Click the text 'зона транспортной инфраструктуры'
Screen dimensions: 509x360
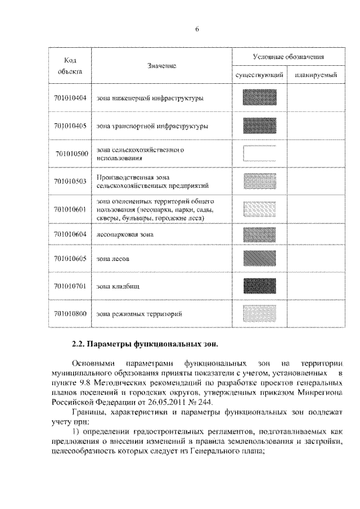(152, 127)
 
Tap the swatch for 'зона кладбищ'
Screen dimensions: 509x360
(259, 286)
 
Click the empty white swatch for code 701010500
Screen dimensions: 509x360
(259, 154)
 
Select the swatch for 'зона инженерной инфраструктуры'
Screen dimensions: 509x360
(259, 98)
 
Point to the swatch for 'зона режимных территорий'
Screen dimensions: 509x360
(259, 313)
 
